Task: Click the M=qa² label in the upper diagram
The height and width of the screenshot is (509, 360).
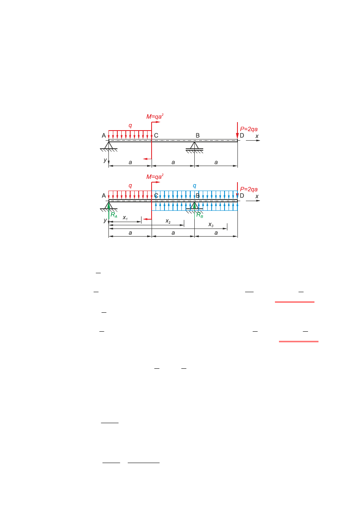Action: click(x=155, y=116)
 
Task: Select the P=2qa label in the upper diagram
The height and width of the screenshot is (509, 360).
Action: click(x=249, y=129)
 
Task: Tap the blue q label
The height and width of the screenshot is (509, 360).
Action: click(x=195, y=186)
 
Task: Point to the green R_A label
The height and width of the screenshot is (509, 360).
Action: click(x=114, y=215)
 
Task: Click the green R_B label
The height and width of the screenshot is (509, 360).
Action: click(x=200, y=215)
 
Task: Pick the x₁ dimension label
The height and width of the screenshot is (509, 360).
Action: click(x=125, y=218)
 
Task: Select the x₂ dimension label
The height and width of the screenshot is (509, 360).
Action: click(x=168, y=221)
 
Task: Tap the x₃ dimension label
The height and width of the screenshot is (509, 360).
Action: click(x=211, y=225)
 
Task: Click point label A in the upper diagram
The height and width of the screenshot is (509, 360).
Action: click(x=104, y=136)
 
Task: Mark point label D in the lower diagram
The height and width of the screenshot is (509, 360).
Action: click(x=242, y=195)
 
